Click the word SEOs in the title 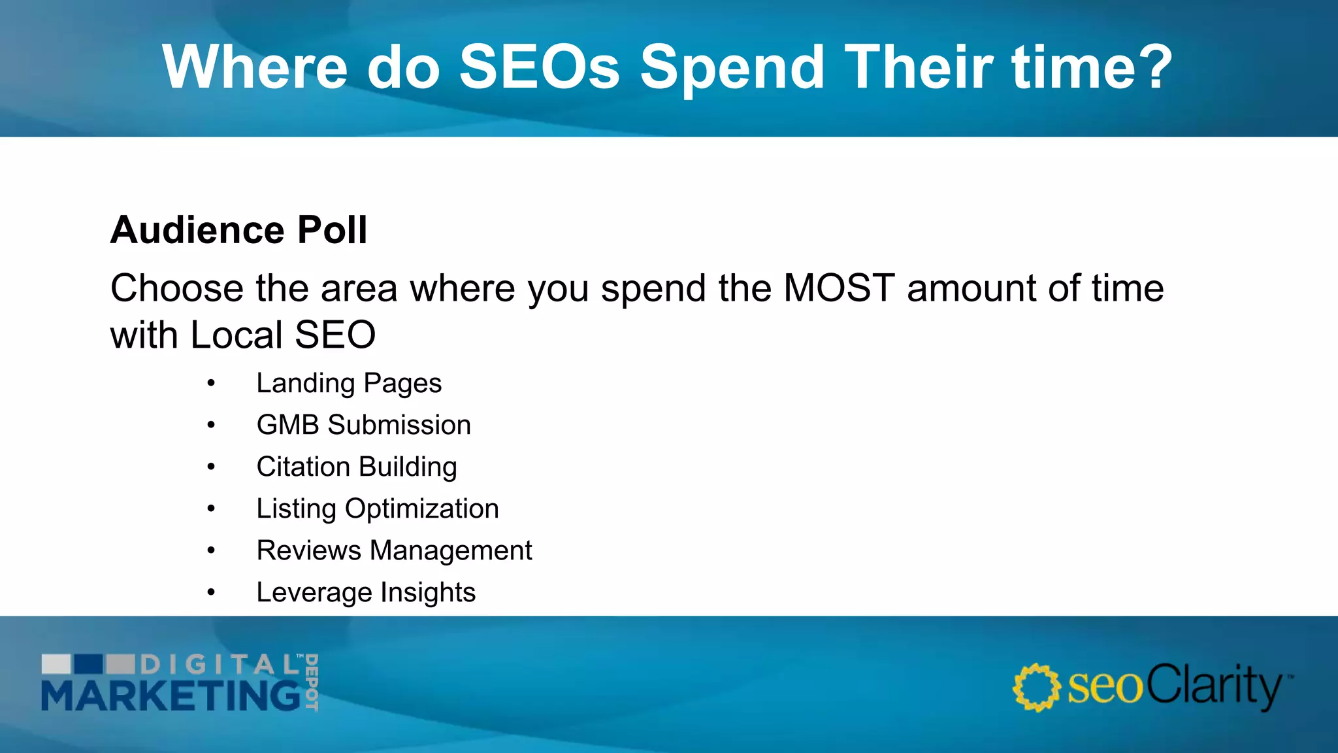pyautogui.click(x=539, y=67)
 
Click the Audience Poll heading pyautogui.click(x=238, y=230)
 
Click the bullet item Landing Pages pyautogui.click(x=349, y=383)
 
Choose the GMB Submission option pyautogui.click(x=363, y=425)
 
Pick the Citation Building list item pyautogui.click(x=357, y=467)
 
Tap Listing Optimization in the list pyautogui.click(x=378, y=509)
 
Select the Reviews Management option pyautogui.click(x=394, y=550)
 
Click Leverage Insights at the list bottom pyautogui.click(x=366, y=592)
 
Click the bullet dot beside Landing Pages pyautogui.click(x=211, y=384)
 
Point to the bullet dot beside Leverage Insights pyautogui.click(x=211, y=593)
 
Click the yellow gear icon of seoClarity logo pyautogui.click(x=1036, y=688)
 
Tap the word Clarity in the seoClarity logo pyautogui.click(x=1214, y=686)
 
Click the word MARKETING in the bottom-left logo pyautogui.click(x=171, y=695)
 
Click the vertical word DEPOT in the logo pyautogui.click(x=312, y=682)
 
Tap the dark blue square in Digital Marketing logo pyautogui.click(x=88, y=664)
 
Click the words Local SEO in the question pyautogui.click(x=283, y=335)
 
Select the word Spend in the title pyautogui.click(x=732, y=67)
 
